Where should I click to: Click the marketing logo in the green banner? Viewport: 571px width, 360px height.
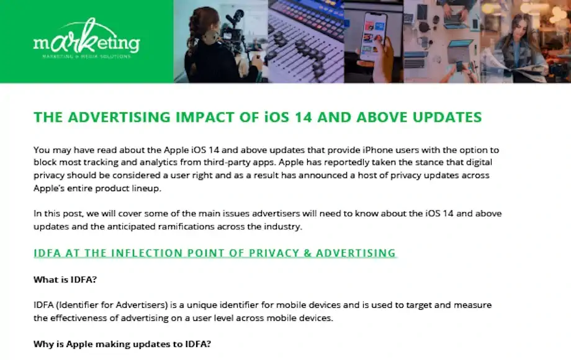pyautogui.click(x=87, y=38)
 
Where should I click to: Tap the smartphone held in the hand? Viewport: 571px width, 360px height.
pyautogui.click(x=373, y=35)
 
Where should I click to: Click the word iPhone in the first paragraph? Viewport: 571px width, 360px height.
pyautogui.click(x=377, y=150)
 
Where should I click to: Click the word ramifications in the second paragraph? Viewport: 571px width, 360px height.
pyautogui.click(x=186, y=227)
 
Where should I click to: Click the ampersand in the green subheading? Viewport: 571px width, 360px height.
pyautogui.click(x=308, y=253)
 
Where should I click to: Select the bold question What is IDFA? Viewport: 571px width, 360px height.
pyautogui.click(x=65, y=279)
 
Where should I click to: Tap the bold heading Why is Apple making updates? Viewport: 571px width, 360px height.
pyautogui.click(x=122, y=344)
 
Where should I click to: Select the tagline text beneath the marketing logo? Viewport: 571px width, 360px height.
pyautogui.click(x=86, y=56)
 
